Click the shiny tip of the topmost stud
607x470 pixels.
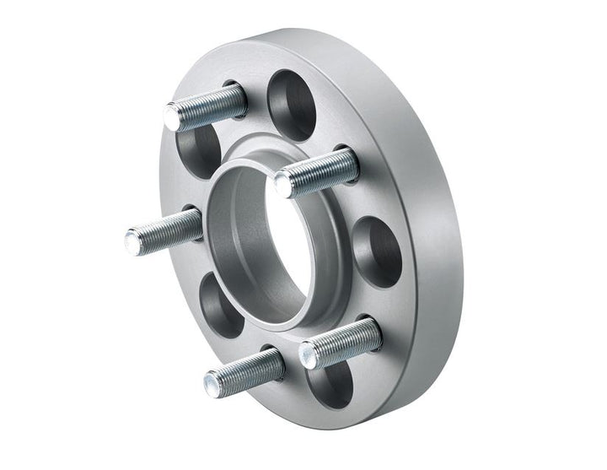173,116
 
